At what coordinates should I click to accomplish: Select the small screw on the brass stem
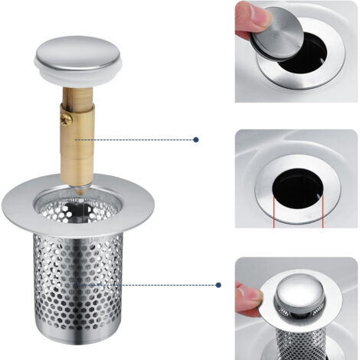(x=67, y=119)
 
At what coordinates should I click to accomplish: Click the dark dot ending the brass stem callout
(x=196, y=140)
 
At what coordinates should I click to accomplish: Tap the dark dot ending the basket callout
(x=218, y=285)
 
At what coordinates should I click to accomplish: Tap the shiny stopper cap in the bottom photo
(x=294, y=295)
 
